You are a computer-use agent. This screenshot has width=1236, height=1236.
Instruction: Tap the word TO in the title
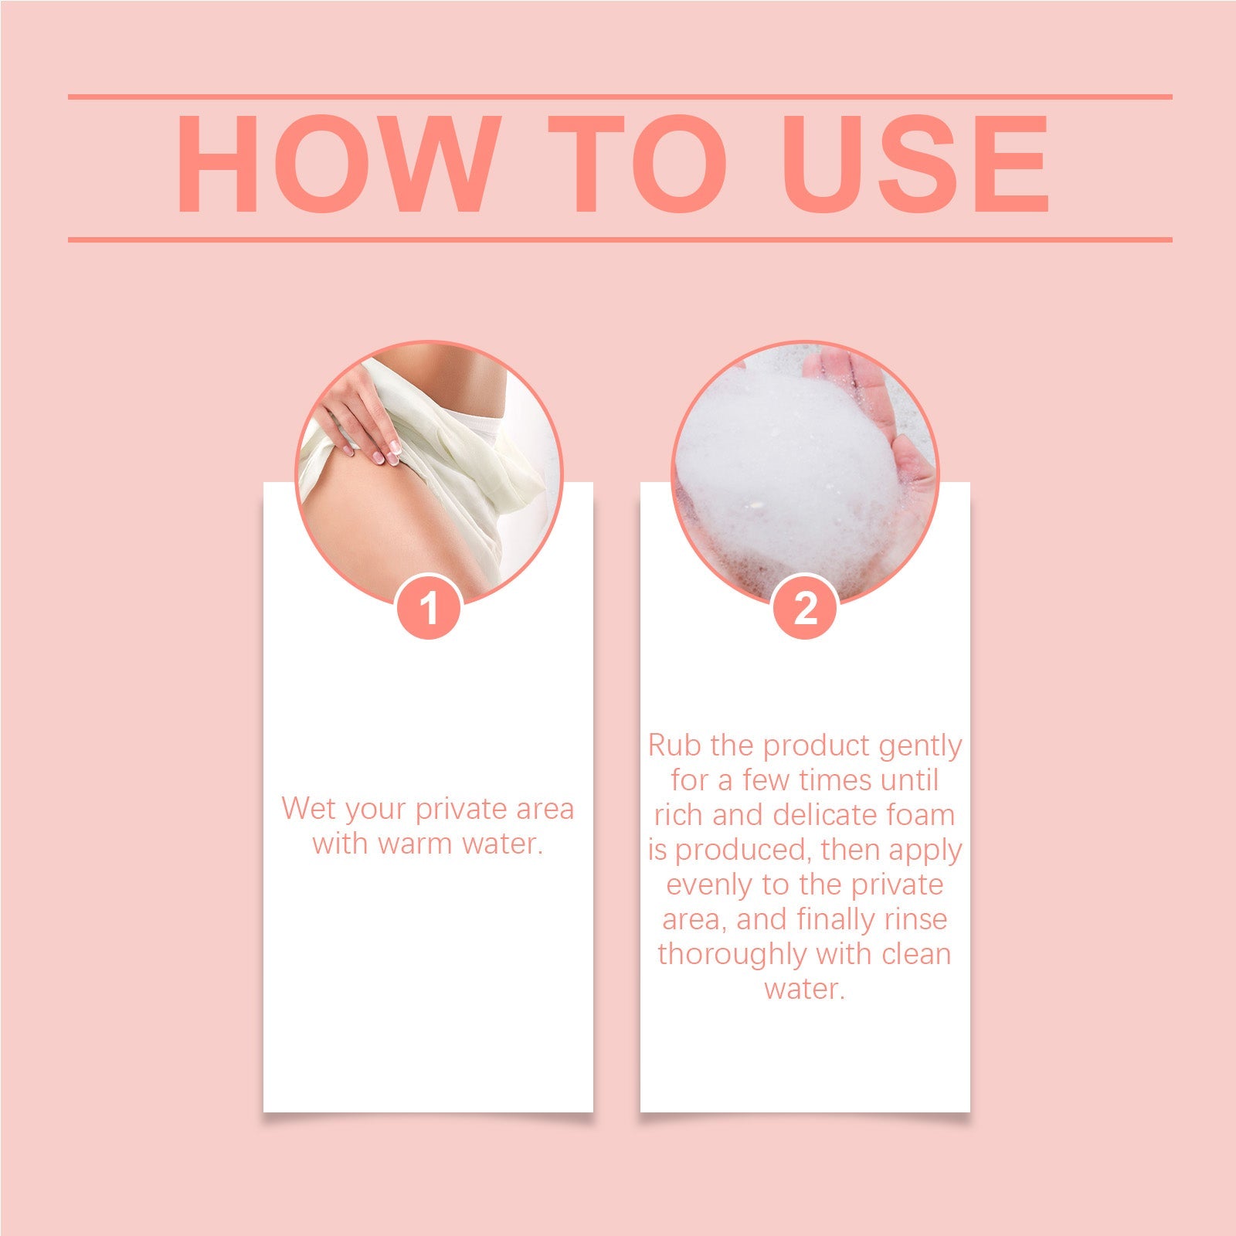(x=638, y=164)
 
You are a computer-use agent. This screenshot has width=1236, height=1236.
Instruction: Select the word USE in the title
(x=915, y=164)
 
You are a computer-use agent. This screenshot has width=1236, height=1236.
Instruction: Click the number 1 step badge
(x=429, y=607)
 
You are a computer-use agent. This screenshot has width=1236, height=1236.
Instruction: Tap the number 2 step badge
(x=805, y=607)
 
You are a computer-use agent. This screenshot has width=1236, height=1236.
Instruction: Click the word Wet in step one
(x=308, y=809)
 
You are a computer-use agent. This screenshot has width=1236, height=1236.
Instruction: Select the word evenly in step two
(x=709, y=885)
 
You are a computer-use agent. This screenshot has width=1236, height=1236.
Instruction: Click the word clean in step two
(x=916, y=954)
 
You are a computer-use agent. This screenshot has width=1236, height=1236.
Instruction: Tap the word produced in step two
(x=744, y=851)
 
